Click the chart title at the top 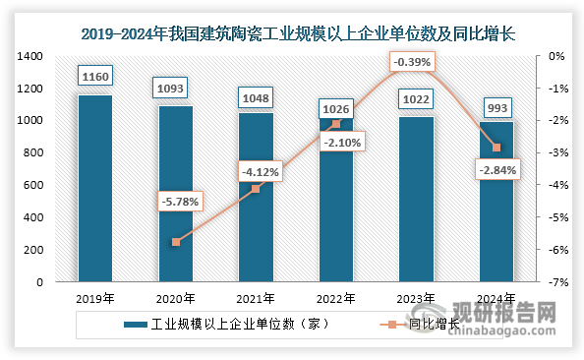coord(292,32)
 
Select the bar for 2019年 coord(94,188)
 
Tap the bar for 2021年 coord(256,197)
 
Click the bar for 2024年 coord(496,202)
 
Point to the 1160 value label coord(94,76)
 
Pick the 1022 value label coord(416,98)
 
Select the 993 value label coord(496,103)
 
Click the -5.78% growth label coord(179,203)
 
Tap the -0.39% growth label coord(411,63)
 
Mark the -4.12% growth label coord(260,173)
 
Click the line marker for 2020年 coord(175,242)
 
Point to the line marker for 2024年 coord(496,148)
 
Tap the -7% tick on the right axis coord(555,282)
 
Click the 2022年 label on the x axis coord(336,298)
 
